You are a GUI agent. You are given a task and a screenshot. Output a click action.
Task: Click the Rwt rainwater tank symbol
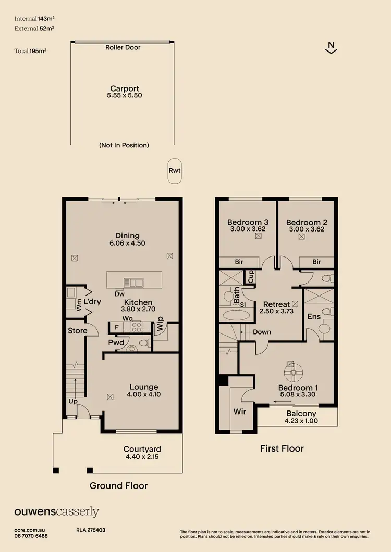(x=174, y=170)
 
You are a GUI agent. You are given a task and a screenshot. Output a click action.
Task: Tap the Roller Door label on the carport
(x=123, y=47)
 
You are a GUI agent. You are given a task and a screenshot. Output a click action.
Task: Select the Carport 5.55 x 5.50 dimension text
(x=124, y=95)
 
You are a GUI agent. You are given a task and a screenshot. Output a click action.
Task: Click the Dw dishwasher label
(x=119, y=293)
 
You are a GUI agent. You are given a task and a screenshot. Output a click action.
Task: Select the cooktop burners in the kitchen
(x=136, y=327)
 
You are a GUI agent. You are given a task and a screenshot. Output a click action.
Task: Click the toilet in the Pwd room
(x=146, y=343)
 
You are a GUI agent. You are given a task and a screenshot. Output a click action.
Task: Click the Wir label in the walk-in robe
(x=239, y=411)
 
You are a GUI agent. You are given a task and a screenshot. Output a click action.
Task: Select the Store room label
(x=77, y=330)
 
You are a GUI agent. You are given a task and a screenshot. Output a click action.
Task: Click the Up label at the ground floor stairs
(x=73, y=402)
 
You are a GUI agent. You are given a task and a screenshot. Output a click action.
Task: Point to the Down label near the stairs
(x=262, y=331)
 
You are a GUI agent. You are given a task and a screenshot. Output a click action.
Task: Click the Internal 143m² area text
(x=34, y=18)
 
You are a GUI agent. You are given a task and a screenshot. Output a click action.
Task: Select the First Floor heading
(x=282, y=448)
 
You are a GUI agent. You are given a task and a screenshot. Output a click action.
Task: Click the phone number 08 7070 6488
(x=31, y=536)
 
